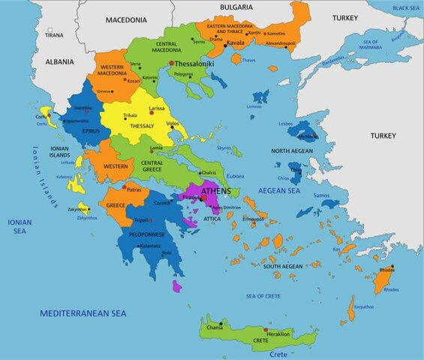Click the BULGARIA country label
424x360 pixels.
click(236, 7)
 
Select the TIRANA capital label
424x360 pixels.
click(54, 35)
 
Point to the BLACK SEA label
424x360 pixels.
click(405, 7)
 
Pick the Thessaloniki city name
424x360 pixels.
click(194, 64)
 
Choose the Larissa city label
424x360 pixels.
click(157, 109)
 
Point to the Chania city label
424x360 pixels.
click(215, 327)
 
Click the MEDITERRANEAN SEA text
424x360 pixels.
click(83, 312)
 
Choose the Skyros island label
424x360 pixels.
click(224, 148)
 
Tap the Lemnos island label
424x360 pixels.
click(254, 106)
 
